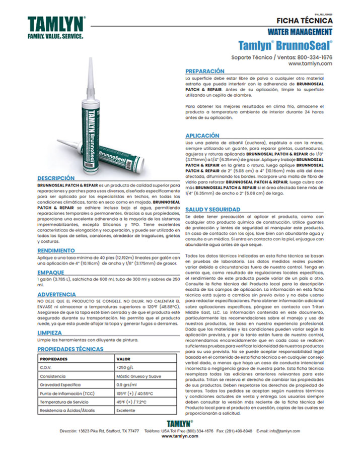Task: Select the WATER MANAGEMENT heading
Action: [x=300, y=33]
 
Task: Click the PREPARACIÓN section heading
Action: [x=204, y=72]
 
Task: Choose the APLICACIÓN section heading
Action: [x=202, y=136]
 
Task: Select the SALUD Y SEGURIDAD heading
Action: [x=211, y=209]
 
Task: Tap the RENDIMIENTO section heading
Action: [x=56, y=250]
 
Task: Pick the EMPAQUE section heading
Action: [x=50, y=272]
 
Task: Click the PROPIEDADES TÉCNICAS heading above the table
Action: [x=70, y=349]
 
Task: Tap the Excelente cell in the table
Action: [x=126, y=411]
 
